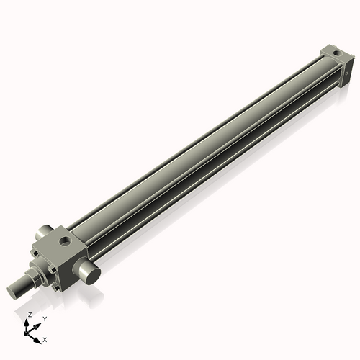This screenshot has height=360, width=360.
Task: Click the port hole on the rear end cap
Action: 336,53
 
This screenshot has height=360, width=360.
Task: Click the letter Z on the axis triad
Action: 30,315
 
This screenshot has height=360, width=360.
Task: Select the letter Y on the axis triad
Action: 44,318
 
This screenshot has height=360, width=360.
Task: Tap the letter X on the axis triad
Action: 45,338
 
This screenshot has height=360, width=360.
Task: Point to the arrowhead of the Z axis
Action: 28,322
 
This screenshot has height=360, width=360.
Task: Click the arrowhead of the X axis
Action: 37,336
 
